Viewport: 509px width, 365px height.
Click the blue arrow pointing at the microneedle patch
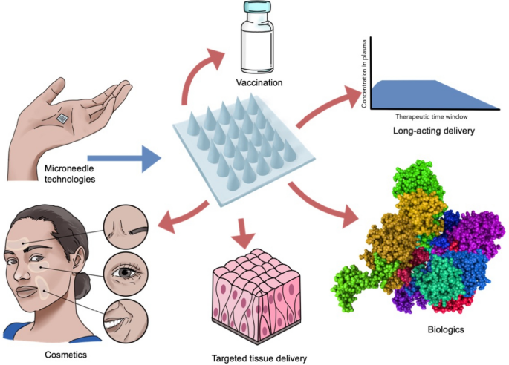click(x=125, y=159)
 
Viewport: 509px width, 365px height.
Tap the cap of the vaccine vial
click(x=257, y=7)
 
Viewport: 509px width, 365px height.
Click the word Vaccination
click(x=259, y=82)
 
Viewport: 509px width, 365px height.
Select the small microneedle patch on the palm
click(x=62, y=119)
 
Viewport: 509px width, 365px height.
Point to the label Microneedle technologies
click(x=70, y=174)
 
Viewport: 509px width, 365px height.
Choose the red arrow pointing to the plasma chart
click(x=328, y=106)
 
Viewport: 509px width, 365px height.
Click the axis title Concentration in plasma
click(x=364, y=74)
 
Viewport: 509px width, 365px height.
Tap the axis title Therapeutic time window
click(x=432, y=116)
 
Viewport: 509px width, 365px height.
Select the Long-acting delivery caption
click(x=434, y=131)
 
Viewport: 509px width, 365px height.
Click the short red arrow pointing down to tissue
click(x=241, y=233)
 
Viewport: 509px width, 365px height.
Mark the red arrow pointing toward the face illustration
click(x=183, y=216)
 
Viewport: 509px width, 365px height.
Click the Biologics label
click(x=446, y=330)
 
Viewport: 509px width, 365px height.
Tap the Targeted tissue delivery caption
click(x=259, y=358)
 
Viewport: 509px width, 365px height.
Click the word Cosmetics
click(x=66, y=355)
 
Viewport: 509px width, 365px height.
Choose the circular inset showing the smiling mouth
click(x=126, y=320)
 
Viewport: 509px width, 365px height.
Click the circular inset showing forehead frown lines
click(x=126, y=226)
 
